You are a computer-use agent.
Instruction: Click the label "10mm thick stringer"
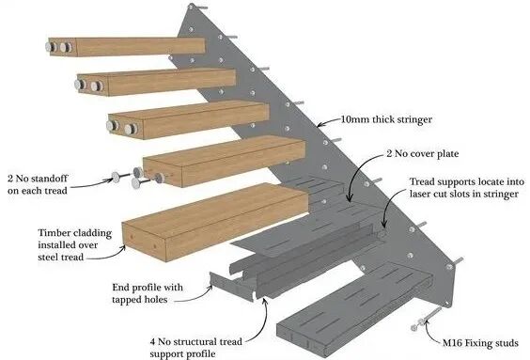386,119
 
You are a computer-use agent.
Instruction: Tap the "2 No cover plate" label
423,154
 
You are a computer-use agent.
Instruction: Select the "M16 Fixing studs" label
480,343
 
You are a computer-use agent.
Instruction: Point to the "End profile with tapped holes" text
148,293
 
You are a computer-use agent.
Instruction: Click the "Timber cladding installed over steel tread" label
74,244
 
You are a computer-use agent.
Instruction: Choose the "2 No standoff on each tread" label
38,184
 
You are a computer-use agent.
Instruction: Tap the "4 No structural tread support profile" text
196,348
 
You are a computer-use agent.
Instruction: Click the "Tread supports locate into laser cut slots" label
467,188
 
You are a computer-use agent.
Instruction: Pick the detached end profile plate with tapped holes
231,287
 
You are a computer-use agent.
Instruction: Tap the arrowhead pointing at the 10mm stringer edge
320,124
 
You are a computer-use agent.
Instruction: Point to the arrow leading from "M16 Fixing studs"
431,333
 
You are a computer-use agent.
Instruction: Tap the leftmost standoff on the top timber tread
52,47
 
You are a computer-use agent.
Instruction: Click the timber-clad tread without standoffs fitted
215,222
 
